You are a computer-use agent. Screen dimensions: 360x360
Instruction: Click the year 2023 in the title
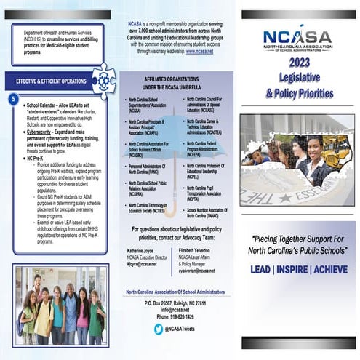299,63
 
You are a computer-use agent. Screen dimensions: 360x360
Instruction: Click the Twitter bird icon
159,329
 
